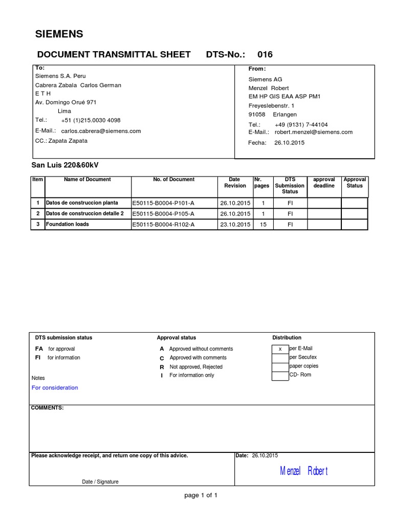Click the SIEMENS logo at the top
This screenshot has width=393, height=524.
(58, 34)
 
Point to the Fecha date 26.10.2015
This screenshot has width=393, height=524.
(289, 143)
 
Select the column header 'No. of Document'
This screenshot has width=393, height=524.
(173, 180)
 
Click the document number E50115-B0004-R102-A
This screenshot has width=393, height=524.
(163, 225)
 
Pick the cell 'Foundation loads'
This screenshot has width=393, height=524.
(67, 224)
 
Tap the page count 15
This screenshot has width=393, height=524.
(263, 225)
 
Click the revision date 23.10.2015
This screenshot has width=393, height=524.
(235, 225)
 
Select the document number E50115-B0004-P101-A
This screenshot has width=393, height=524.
(163, 203)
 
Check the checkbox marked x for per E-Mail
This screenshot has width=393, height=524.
(280, 349)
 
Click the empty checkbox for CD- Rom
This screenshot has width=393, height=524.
(280, 376)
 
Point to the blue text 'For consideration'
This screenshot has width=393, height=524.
(55, 388)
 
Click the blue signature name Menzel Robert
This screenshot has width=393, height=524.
(303, 471)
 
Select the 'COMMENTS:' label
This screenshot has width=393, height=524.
(47, 407)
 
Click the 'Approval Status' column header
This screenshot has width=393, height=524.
(355, 183)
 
